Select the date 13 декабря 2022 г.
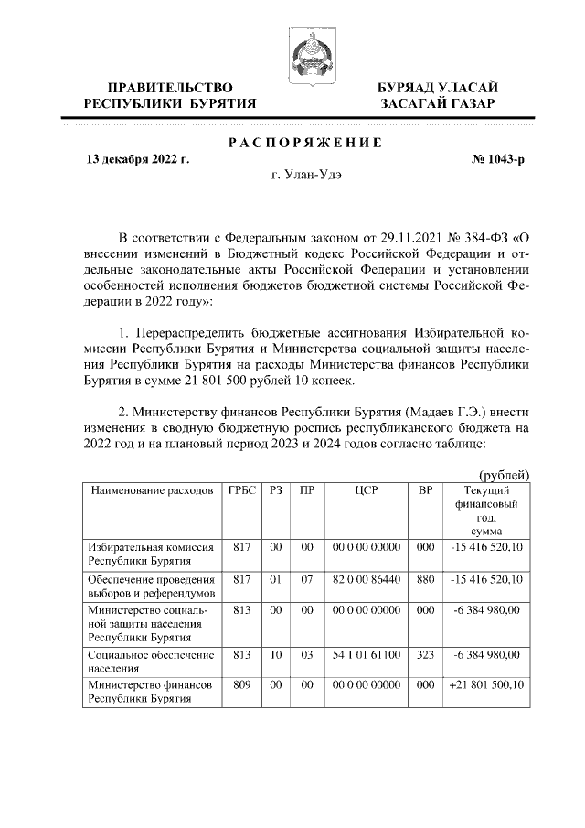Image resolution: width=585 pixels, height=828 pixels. pos(137,159)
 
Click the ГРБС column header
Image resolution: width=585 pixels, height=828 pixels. pos(240,491)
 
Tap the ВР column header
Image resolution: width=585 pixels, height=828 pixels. pos(425,491)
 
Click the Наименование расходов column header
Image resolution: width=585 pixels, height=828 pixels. pos(151,491)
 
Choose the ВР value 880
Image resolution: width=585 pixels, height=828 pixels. pos(425,579)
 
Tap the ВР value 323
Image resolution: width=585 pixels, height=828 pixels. pos(425,654)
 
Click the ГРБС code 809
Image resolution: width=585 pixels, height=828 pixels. pos(240,684)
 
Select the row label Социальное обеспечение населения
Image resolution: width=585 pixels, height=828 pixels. pos(151,661)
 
